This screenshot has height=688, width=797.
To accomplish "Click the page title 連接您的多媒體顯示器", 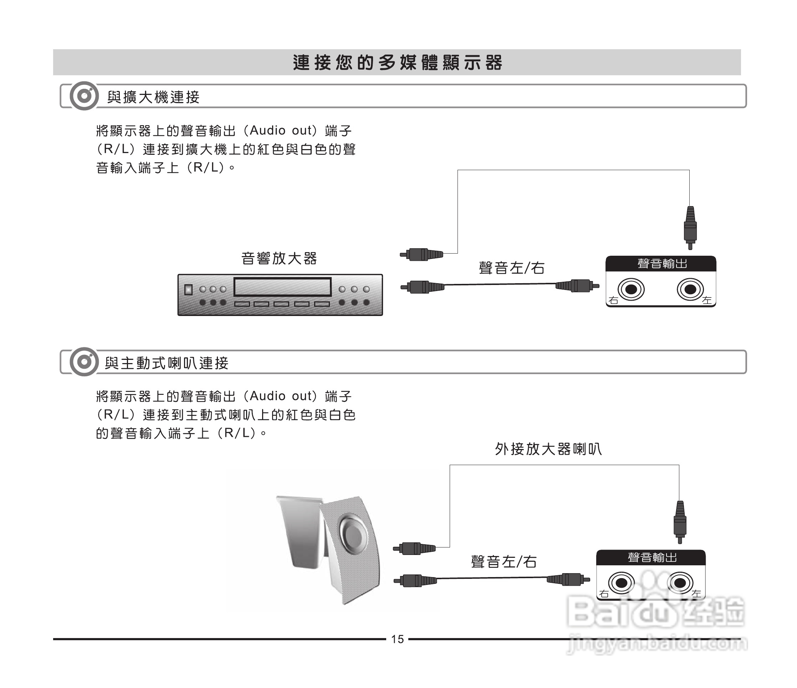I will point(397,63).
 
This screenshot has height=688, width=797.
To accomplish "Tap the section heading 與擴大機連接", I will point(153,97).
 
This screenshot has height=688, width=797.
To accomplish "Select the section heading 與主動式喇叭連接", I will point(167,363).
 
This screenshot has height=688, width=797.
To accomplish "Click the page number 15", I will point(397,639).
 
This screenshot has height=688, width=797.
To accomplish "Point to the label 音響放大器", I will point(279,259).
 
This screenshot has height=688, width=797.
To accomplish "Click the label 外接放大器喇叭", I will point(548,449).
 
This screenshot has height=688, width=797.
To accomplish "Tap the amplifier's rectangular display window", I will point(282,287).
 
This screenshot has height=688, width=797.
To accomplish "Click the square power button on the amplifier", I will point(188,290).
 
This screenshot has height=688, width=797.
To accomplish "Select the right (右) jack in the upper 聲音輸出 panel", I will point(631,290).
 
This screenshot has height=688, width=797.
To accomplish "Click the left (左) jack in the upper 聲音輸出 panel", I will point(690,290).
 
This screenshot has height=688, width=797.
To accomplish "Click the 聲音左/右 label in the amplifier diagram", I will point(512,268).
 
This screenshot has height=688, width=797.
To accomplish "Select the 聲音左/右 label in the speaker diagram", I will point(504,562).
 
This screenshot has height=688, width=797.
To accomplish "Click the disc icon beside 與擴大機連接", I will point(84,96).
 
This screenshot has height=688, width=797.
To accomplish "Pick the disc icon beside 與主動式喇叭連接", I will point(84,362).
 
